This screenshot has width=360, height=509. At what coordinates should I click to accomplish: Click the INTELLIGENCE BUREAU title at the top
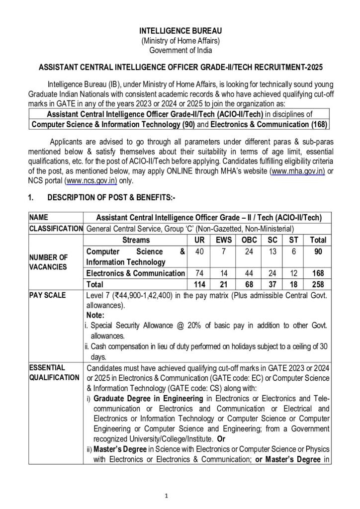(x=180, y=31)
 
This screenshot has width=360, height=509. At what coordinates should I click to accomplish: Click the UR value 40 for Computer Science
(x=199, y=252)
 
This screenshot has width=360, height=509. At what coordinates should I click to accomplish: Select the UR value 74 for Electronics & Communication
(x=199, y=273)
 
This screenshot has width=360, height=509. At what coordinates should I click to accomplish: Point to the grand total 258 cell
(x=318, y=285)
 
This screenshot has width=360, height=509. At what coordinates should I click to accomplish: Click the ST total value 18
(x=294, y=285)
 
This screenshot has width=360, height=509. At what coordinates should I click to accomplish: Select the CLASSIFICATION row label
(x=56, y=228)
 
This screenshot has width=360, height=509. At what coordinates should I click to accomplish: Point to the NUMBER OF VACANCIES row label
(x=48, y=261)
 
